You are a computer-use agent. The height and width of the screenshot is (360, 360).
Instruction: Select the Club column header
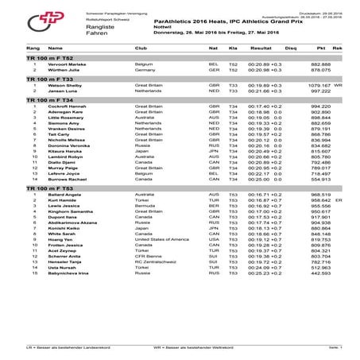(144, 48)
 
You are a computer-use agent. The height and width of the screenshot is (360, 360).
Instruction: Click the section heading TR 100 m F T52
(44, 59)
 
